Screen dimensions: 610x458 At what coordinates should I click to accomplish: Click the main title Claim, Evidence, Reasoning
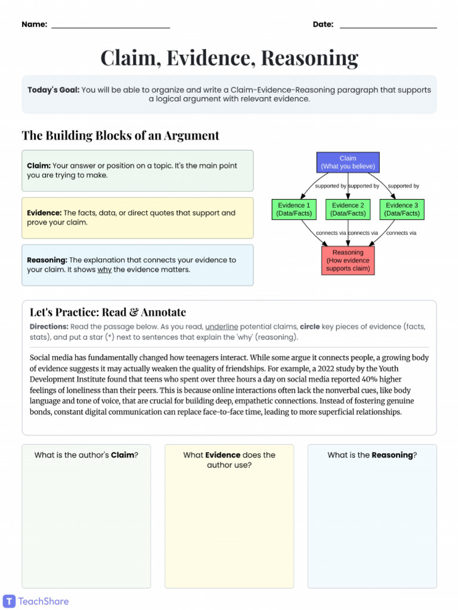(x=229, y=58)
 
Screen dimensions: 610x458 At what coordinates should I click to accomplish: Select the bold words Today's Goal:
(x=53, y=90)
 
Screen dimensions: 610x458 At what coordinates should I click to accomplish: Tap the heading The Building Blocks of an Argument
(x=120, y=135)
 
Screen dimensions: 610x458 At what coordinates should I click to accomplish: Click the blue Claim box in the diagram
(x=348, y=163)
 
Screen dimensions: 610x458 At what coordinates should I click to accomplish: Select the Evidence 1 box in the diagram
(x=292, y=209)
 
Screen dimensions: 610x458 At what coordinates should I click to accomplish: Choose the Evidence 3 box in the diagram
(x=401, y=209)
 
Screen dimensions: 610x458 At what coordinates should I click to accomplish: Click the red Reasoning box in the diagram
(x=348, y=261)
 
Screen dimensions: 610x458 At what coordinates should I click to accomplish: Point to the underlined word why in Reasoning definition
(x=104, y=270)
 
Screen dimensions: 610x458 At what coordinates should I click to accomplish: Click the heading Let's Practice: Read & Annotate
(x=108, y=312)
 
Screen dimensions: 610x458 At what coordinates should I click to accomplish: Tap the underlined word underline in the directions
(x=222, y=327)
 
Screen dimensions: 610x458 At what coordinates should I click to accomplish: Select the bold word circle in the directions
(x=310, y=327)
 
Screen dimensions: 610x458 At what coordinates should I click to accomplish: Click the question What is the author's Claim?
(x=86, y=455)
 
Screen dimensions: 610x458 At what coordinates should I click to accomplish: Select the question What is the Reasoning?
(x=372, y=455)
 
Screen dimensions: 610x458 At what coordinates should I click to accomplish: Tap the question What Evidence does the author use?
(x=229, y=460)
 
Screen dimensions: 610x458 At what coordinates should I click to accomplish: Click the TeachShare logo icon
(x=9, y=601)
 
